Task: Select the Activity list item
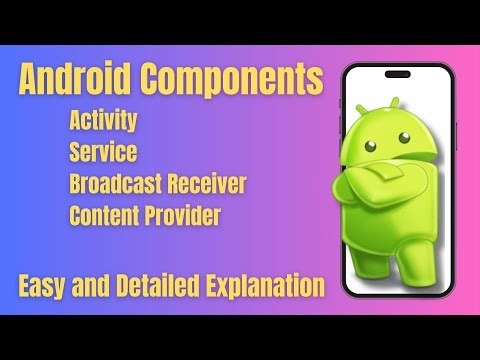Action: click(103, 122)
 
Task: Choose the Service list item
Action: click(103, 153)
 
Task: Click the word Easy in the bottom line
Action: click(42, 286)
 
